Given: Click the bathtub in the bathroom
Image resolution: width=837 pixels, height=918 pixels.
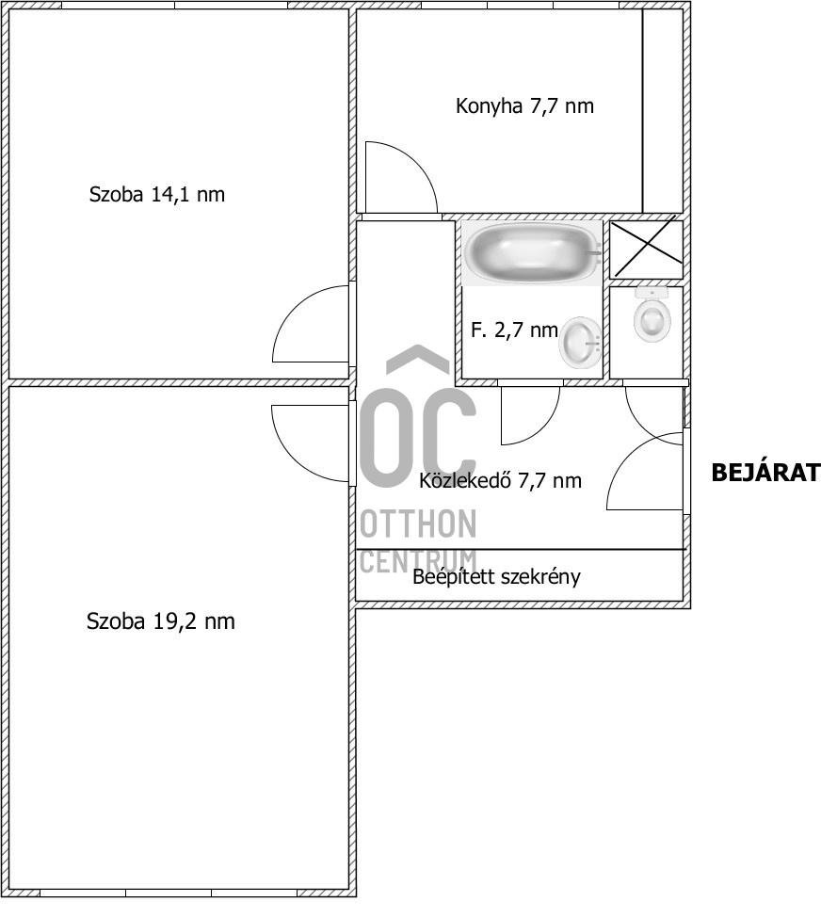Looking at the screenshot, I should tap(533, 252).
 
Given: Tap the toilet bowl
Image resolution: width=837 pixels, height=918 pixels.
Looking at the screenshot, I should tap(651, 318).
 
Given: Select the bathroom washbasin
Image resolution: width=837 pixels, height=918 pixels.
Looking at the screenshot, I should tap(580, 342).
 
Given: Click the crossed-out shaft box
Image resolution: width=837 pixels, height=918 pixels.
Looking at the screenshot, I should tap(646, 248).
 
